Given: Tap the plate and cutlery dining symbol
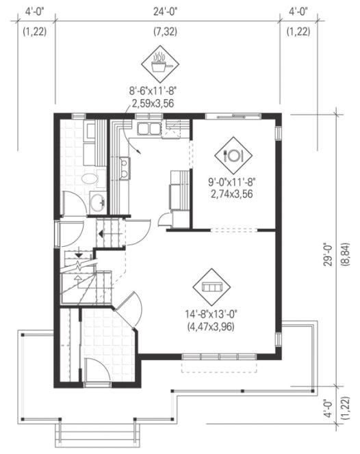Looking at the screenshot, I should tap(233, 155).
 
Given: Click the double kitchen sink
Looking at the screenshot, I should tap(147, 129).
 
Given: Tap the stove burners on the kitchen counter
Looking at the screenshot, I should tap(124, 168).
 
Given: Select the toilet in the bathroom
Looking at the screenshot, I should tap(90, 179).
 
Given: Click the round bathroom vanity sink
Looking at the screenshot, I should tap(98, 201).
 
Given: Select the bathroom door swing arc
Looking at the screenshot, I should tap(70, 203).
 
